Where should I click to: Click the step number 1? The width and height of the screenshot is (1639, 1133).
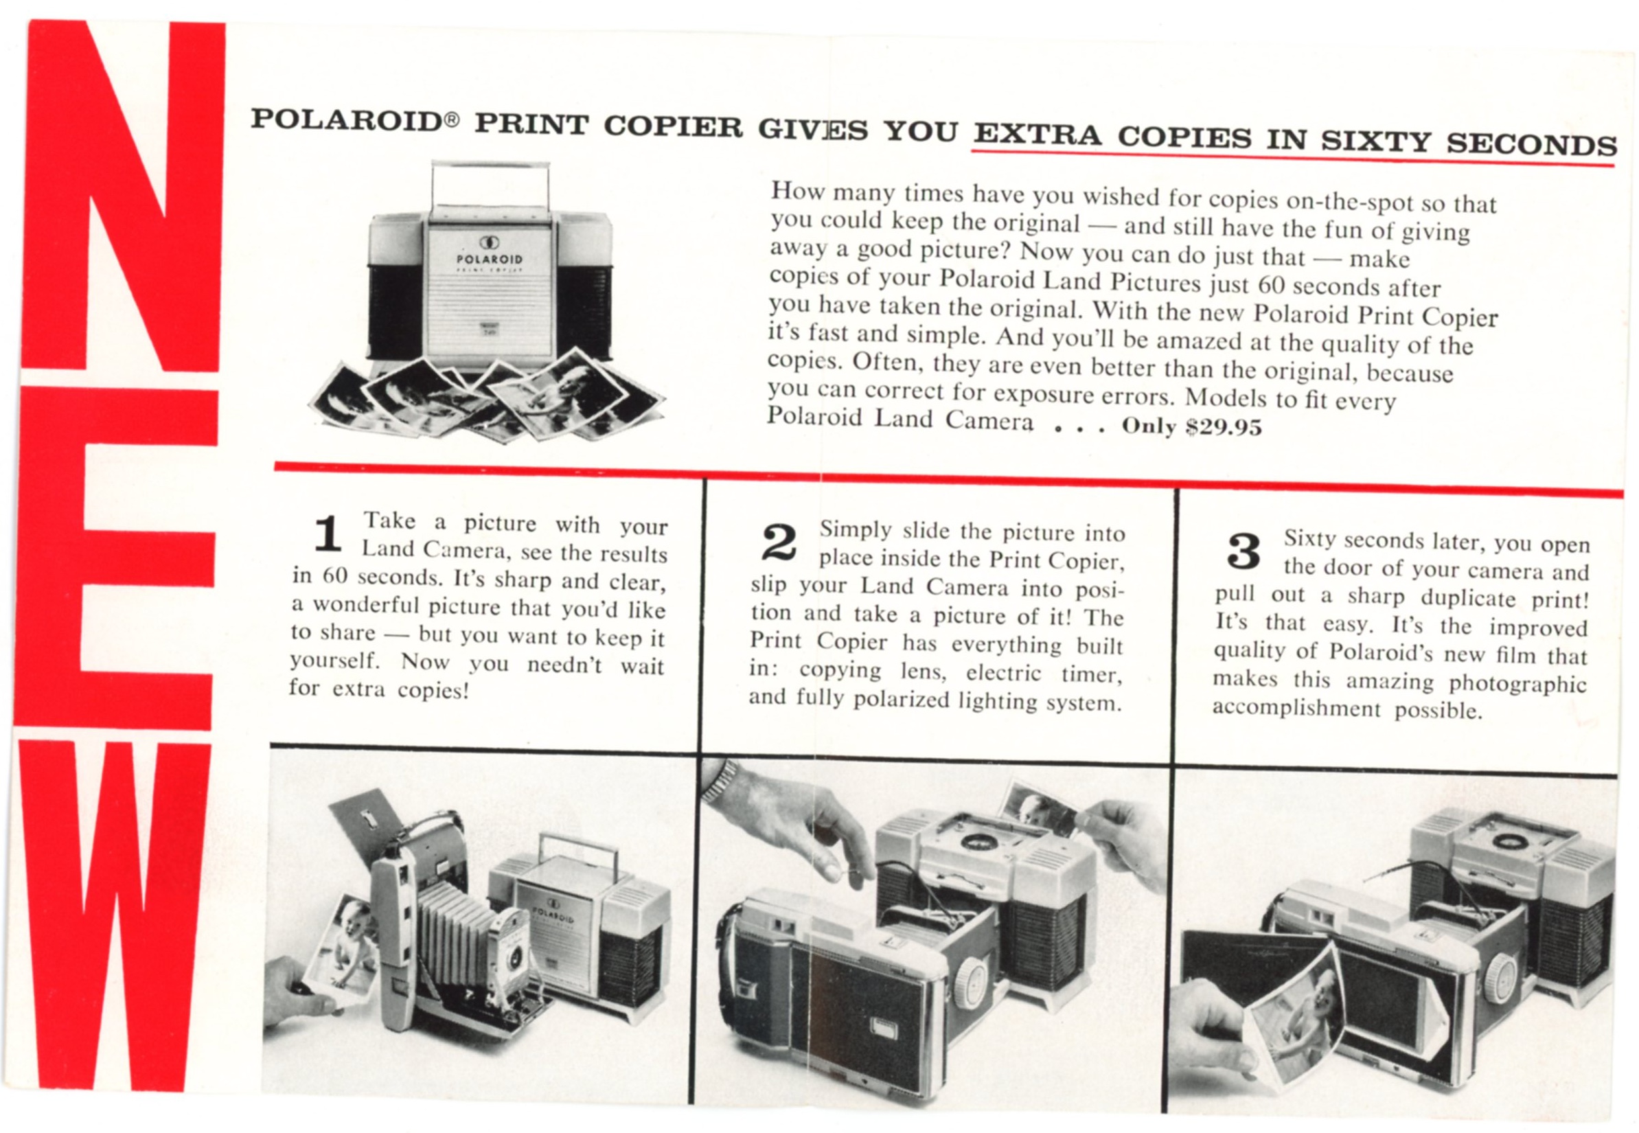[328, 534]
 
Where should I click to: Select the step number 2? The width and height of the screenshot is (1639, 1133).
[779, 542]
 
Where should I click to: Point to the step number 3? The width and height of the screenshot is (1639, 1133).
[1243, 551]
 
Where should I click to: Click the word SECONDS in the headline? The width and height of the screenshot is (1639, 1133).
[1531, 144]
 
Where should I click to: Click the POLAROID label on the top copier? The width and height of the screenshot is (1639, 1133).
[488, 259]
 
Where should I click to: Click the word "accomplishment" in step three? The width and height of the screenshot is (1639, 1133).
[1296, 708]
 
